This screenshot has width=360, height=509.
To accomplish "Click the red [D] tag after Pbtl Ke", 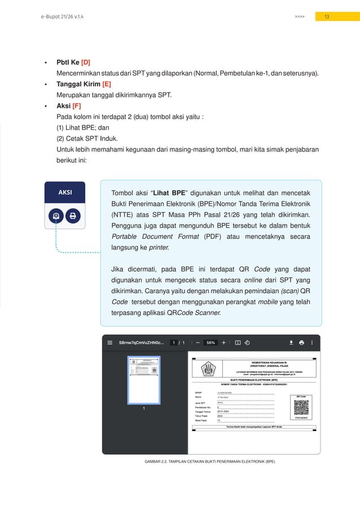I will pos(86,63).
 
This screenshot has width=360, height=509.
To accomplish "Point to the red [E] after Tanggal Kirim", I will pos(107,84).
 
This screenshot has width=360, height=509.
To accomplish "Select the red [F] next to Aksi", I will pos(77,106).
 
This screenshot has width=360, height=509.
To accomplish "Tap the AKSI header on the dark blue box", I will pos(65,192).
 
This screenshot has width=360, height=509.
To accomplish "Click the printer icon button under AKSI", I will pos(73,216).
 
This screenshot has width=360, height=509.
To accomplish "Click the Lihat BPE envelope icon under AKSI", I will pos(56,216).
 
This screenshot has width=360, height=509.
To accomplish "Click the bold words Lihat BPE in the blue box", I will pos(170,192).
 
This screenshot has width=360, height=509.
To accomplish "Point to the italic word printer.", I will pos(161,247).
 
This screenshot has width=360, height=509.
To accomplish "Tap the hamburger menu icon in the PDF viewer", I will pos(110,342).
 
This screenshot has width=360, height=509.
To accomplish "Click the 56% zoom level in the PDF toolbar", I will pos(210,342).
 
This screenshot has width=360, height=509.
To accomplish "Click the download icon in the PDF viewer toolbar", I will pos(291,342).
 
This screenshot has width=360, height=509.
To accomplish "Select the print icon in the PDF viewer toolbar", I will pos(301,342).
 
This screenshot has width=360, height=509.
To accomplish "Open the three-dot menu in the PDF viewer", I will pos(312,342).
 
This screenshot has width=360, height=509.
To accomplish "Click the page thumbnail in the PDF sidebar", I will pos(143,379).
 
